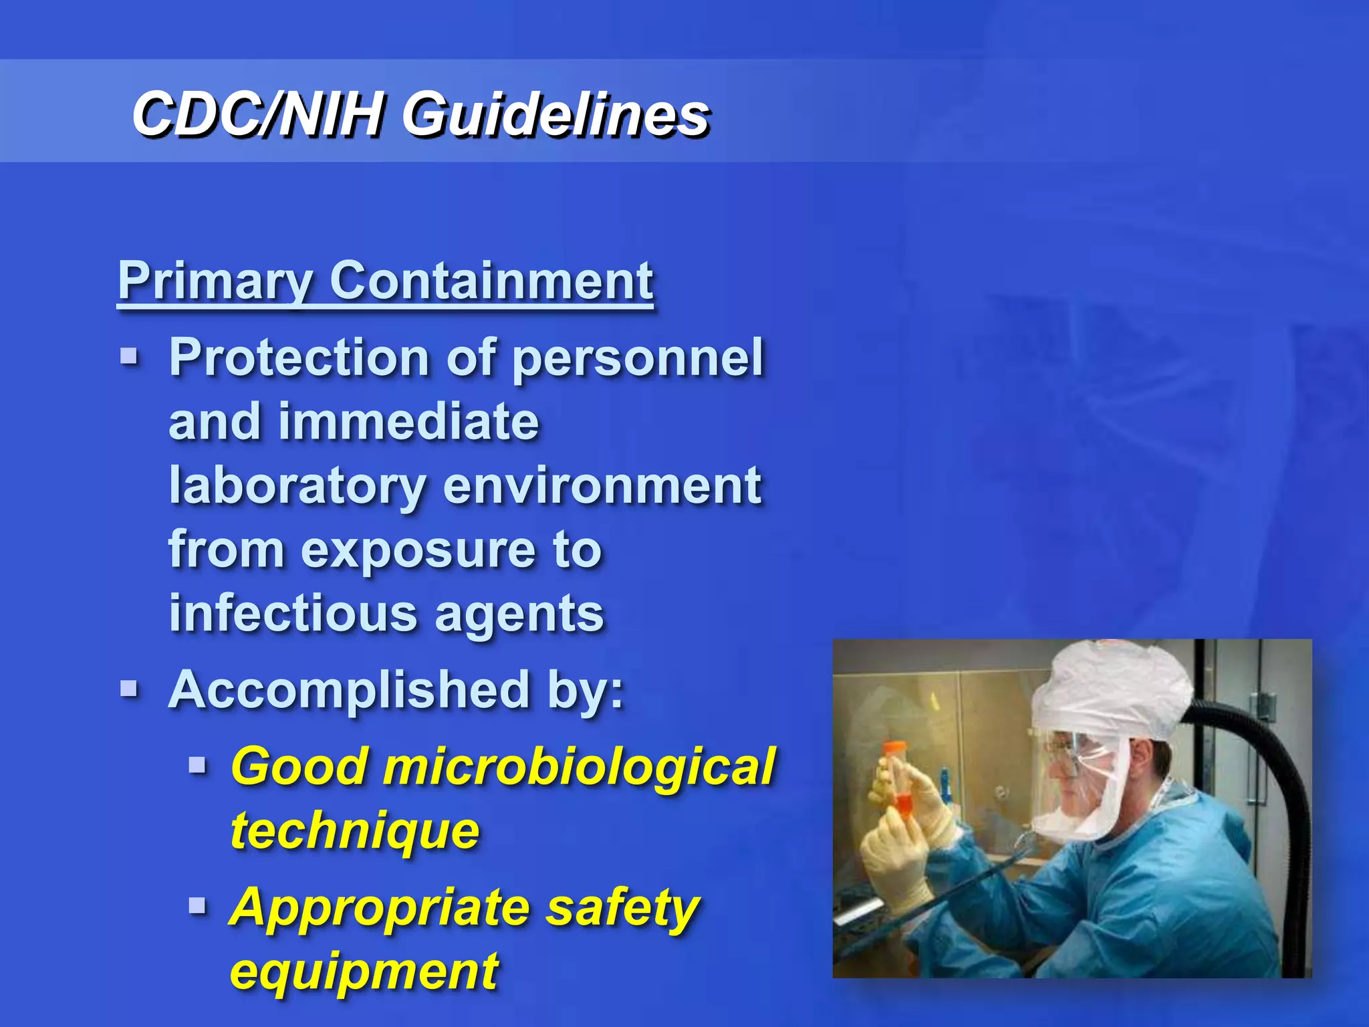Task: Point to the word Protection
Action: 299,358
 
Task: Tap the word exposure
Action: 418,550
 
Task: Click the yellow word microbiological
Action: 579,766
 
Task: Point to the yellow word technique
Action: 355,830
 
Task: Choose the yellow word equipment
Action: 364,972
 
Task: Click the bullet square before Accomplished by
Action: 129,688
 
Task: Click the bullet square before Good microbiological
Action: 197,764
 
